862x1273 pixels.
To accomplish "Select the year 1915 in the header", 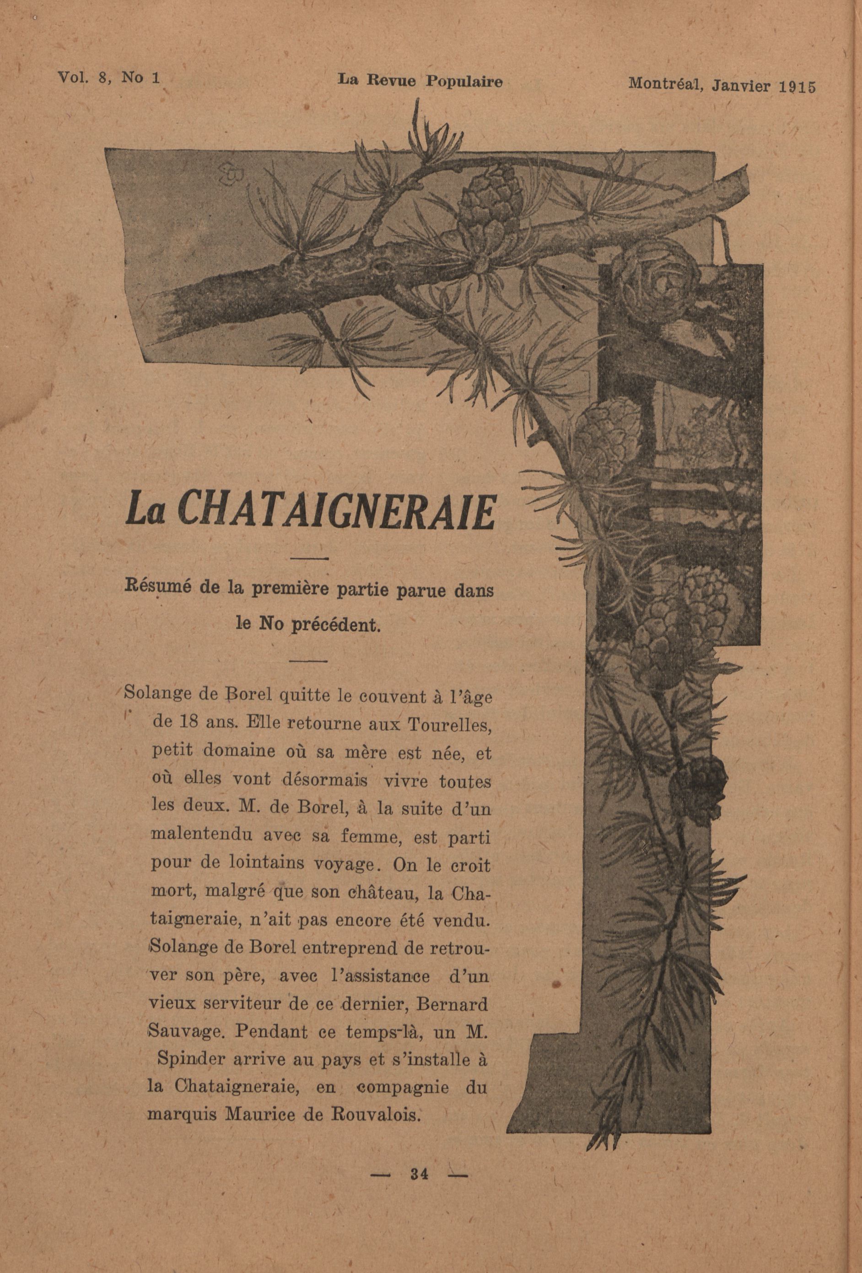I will (x=797, y=87).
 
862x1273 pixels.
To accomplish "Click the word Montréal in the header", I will (x=663, y=85).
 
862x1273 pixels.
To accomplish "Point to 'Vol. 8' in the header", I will (x=84, y=77).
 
